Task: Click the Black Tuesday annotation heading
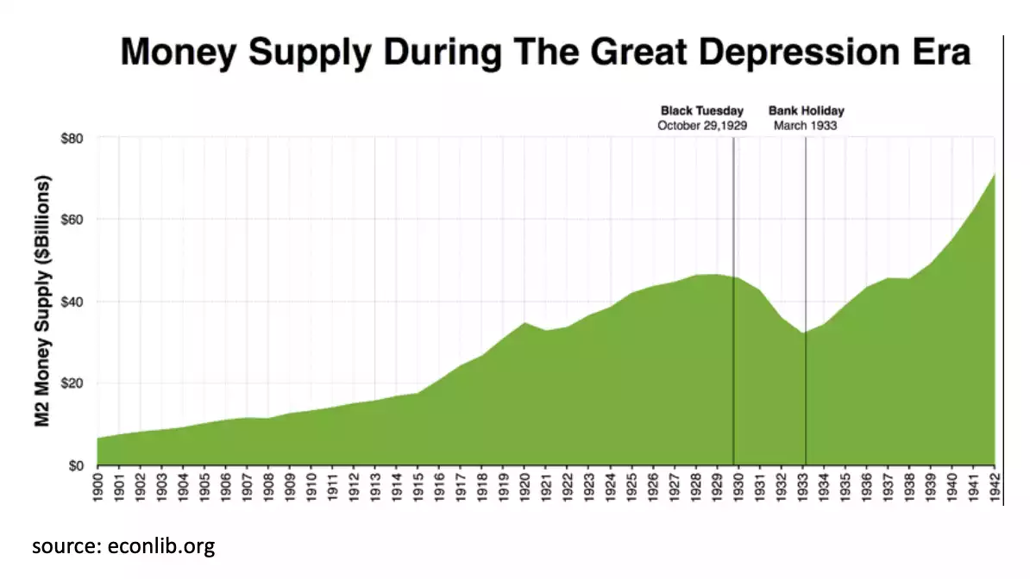point(701,111)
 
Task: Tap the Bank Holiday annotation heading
point(806,111)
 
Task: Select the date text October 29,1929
point(701,126)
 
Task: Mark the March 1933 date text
point(806,126)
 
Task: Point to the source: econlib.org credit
point(123,546)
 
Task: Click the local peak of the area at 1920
point(524,323)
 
